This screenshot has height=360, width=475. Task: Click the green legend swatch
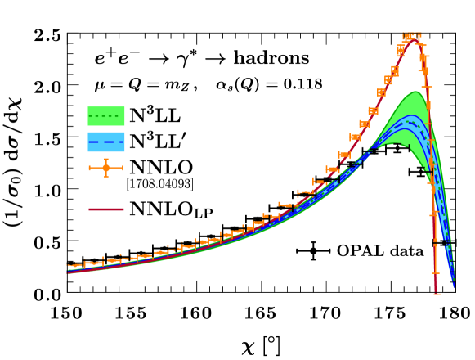[x=106, y=115]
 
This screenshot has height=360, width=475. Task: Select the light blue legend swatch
[x=106, y=142]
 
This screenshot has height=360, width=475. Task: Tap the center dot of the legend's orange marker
[x=105, y=168]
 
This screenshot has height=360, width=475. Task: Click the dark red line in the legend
[x=106, y=209]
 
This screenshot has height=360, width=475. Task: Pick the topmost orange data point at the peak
[x=412, y=36]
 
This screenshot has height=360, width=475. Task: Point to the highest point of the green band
[x=415, y=92]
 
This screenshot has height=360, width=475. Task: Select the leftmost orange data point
[x=75, y=266]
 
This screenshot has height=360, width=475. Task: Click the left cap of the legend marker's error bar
[x=89, y=168]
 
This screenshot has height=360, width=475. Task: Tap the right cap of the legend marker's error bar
[x=123, y=168]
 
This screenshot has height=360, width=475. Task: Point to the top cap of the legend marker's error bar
[x=105, y=160]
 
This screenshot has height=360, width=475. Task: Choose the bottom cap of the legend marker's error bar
[x=105, y=176]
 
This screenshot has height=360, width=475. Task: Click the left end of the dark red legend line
[x=89, y=209]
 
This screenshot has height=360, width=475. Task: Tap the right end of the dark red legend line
[x=123, y=209]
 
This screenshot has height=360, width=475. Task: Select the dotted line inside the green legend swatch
[x=106, y=116]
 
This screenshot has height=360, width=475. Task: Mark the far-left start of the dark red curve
[x=68, y=268]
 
